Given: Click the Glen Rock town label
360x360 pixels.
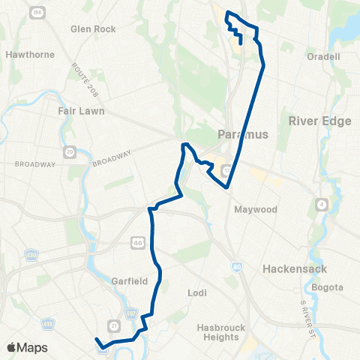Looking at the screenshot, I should tap(93, 29).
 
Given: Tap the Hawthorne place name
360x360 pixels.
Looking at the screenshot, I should tap(26, 55).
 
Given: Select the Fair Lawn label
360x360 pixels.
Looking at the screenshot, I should tap(81, 110).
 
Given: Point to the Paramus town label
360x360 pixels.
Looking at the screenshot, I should tap(242, 135).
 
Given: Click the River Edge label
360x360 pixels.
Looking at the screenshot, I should tap(314, 121).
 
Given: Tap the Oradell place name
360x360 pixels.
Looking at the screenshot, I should tap(324, 56).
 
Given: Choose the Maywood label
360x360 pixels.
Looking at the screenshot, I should tap(256, 209).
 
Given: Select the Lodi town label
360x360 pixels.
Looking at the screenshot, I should tap(197, 292).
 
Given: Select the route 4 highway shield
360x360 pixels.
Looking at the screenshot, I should tap(322, 204).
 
